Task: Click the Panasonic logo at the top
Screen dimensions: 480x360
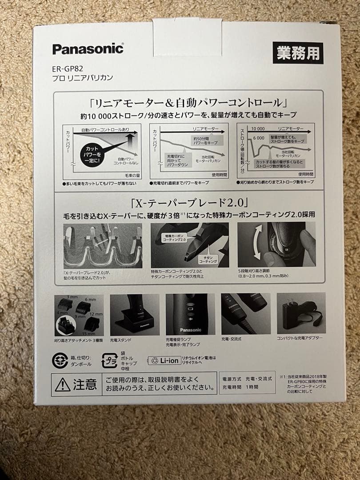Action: (x=88, y=49)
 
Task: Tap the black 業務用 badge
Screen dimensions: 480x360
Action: (x=298, y=53)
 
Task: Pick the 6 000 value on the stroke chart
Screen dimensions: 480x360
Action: (x=259, y=138)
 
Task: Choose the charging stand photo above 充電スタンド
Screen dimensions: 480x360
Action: (x=135, y=314)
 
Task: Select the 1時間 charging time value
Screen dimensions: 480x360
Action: (x=253, y=387)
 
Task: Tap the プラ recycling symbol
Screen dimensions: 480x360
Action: (x=109, y=360)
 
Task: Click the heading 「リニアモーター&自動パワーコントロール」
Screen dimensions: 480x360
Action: (x=186, y=103)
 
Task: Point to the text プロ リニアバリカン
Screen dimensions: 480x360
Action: (x=83, y=78)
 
